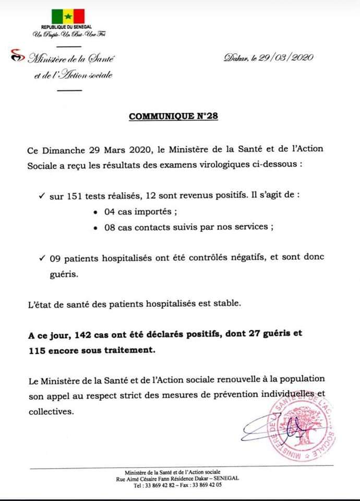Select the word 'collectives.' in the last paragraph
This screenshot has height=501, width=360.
51,411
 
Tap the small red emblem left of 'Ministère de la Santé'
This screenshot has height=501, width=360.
18,55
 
